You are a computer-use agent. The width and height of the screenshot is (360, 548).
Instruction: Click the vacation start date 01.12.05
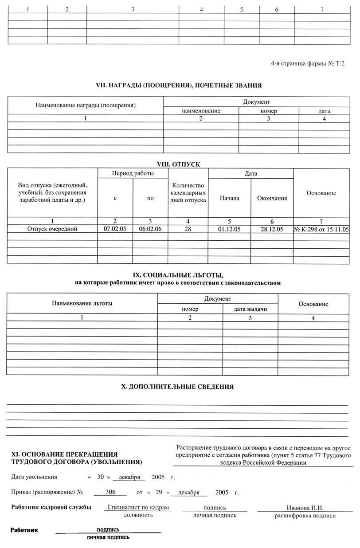(x=229, y=229)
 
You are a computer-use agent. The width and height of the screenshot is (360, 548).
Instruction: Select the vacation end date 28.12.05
(x=272, y=229)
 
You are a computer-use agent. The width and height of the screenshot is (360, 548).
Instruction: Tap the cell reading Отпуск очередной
(x=52, y=229)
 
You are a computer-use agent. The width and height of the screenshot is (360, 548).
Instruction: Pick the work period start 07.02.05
(x=115, y=229)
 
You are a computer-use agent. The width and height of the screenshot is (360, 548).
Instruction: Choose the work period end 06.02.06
(x=150, y=229)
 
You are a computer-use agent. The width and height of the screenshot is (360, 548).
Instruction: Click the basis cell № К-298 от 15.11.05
(x=321, y=229)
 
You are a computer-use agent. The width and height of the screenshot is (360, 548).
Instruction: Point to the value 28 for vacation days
(x=188, y=229)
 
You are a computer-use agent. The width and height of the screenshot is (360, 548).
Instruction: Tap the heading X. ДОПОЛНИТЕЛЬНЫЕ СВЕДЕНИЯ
(x=177, y=387)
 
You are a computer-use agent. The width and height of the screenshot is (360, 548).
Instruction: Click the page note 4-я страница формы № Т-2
(x=308, y=63)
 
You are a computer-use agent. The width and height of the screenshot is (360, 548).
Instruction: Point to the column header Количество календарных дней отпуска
(x=188, y=192)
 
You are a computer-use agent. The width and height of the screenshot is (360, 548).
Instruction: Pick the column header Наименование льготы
(x=82, y=303)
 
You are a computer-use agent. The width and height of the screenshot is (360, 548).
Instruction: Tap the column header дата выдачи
(x=250, y=309)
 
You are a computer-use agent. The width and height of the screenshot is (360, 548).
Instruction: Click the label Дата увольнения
(x=34, y=477)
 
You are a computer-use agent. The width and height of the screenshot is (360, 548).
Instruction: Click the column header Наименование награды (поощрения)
(x=85, y=105)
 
